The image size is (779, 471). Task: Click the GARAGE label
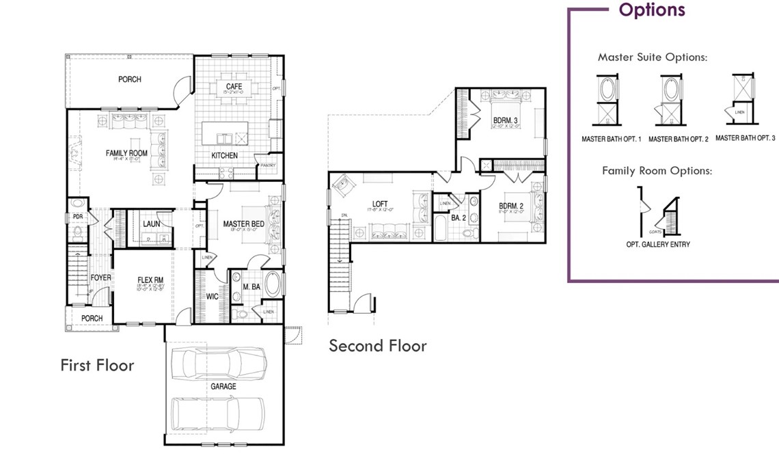(223, 386)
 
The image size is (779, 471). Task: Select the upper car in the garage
(218, 361)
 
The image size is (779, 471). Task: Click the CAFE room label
(235, 86)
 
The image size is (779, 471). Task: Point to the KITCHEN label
(224, 156)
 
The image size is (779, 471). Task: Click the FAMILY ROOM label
(126, 153)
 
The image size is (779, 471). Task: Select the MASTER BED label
(244, 224)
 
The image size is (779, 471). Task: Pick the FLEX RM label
(150, 279)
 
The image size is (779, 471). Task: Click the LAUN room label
(152, 224)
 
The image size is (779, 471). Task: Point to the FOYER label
(100, 278)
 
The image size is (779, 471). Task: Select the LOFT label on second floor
(380, 204)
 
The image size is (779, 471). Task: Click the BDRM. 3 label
(506, 122)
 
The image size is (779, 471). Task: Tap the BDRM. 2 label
(511, 206)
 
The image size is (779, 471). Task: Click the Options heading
(651, 10)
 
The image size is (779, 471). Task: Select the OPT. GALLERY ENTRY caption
(657, 244)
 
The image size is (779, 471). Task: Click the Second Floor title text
(377, 346)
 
